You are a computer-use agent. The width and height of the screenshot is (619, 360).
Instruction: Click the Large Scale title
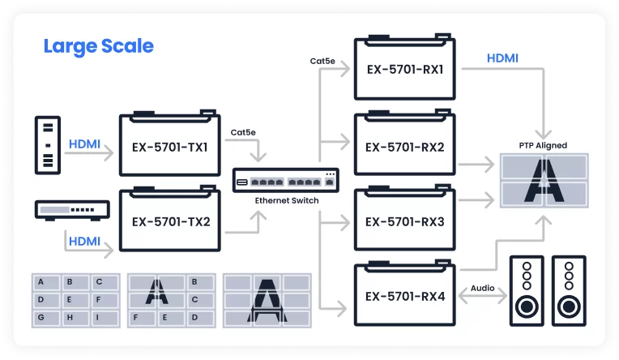[98, 47]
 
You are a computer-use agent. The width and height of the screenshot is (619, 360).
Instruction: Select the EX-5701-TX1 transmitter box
[170, 143]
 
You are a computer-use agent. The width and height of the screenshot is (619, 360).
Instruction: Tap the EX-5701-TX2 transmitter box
[170, 219]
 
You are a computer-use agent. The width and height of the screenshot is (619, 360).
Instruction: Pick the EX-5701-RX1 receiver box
[405, 66]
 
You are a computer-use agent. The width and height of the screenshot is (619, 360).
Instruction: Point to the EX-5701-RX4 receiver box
[405, 293]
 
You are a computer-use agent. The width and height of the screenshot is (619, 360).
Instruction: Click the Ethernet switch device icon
[286, 181]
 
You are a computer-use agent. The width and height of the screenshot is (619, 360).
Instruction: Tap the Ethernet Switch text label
[287, 200]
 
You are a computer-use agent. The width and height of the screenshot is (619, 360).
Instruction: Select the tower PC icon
[48, 145]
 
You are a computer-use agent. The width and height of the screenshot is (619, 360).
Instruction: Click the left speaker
[527, 291]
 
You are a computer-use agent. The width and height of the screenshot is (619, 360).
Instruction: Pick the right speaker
[569, 291]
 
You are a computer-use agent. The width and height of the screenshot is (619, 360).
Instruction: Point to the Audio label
[482, 288]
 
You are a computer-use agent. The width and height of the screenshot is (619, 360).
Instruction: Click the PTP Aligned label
[543, 145]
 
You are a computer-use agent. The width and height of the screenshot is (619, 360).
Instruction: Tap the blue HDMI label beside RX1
[502, 58]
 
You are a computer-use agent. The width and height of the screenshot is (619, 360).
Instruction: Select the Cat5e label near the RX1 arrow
[322, 62]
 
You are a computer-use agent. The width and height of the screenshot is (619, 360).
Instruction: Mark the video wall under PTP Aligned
[544, 181]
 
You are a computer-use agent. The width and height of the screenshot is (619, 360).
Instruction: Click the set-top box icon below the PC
[72, 210]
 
